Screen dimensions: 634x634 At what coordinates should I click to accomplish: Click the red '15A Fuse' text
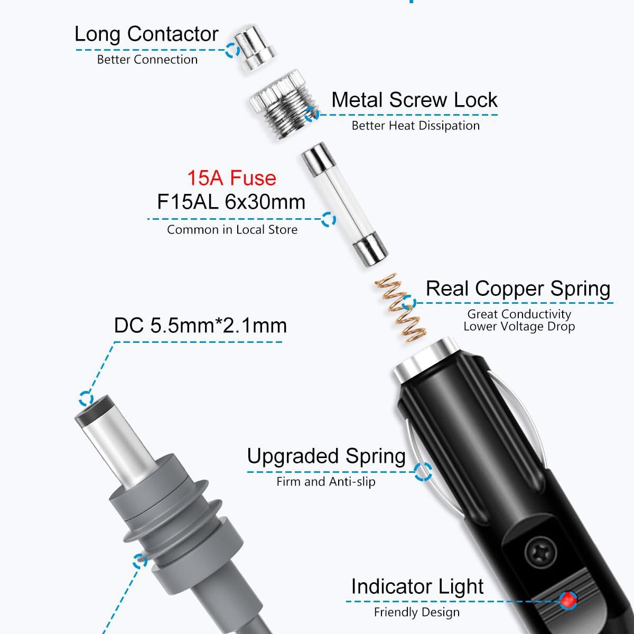pos(231,178)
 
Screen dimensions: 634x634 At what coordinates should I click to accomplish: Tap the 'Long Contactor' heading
pos(146,34)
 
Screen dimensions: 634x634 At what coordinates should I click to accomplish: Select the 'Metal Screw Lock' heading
pos(414,100)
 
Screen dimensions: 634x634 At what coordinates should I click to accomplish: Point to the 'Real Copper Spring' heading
pos(518,288)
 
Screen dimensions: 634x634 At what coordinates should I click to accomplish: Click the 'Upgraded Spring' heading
pos(326,456)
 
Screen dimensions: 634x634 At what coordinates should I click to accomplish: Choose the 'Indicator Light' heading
pos(417,586)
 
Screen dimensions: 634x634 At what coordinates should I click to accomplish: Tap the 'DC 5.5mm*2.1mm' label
pos(200,325)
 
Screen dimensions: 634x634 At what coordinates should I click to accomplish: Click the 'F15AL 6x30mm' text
pos(231,202)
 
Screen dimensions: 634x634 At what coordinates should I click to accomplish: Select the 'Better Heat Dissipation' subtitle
pos(415,126)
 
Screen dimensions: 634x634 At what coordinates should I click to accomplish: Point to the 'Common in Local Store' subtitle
pos(232,230)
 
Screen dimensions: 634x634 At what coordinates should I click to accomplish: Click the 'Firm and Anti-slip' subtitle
pos(325,481)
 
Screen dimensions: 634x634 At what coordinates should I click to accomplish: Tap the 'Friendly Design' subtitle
pos(416,612)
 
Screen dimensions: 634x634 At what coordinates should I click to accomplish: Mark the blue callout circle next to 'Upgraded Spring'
pos(423,471)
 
